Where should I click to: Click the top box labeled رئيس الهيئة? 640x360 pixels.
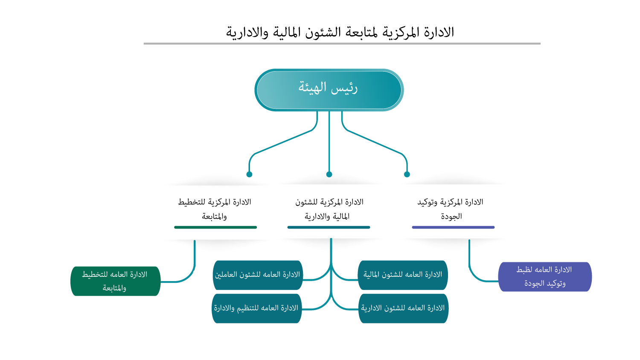[329, 90]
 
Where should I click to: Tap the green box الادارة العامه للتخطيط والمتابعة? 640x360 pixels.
[115, 281]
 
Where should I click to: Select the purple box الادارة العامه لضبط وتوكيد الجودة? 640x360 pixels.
[545, 277]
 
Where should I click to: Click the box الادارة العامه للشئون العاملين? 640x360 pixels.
[257, 275]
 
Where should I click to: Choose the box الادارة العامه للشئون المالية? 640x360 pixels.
[403, 275]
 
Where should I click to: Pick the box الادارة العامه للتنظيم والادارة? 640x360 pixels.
[256, 308]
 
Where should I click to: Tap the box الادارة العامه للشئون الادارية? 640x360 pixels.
[403, 308]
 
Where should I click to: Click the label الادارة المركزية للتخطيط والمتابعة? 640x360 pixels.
[215, 209]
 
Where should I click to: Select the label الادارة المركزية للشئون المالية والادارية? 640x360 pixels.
[329, 209]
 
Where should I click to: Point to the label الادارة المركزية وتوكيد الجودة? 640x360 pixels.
[451, 209]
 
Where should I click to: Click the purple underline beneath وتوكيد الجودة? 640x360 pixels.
[453, 227]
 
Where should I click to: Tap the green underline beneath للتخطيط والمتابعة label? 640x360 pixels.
[215, 227]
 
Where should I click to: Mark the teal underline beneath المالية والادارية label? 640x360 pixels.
[329, 227]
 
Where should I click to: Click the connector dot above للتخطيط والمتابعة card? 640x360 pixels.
[249, 174]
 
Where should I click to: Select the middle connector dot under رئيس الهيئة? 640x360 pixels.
[329, 174]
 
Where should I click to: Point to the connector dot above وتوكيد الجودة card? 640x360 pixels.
[407, 174]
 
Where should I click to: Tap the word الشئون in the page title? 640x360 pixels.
[324, 32]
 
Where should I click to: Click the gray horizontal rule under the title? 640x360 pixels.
[342, 44]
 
